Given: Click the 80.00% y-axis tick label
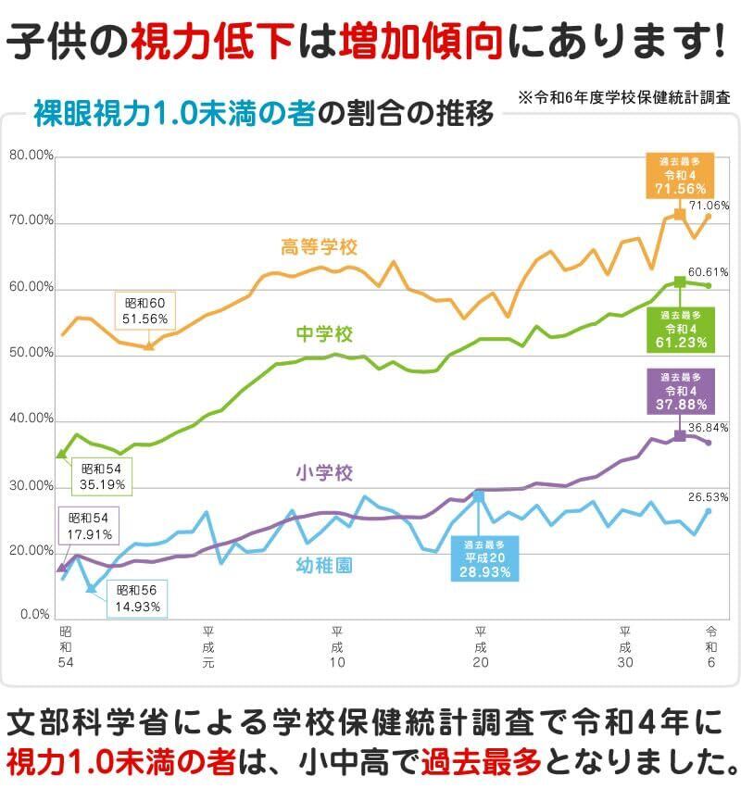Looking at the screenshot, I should (x=31, y=156).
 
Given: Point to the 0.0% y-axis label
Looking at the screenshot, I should (x=35, y=615).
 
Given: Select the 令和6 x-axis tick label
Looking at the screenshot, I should (x=710, y=639).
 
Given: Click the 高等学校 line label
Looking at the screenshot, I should (x=319, y=247).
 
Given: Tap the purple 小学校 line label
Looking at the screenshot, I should (x=324, y=473).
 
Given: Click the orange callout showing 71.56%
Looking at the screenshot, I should (x=673, y=176).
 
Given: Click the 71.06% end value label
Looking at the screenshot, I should (x=709, y=206).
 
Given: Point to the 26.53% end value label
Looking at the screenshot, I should (x=708, y=496).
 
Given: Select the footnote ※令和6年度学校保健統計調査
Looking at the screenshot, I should (x=624, y=96).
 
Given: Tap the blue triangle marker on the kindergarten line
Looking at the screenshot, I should (x=91, y=588).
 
